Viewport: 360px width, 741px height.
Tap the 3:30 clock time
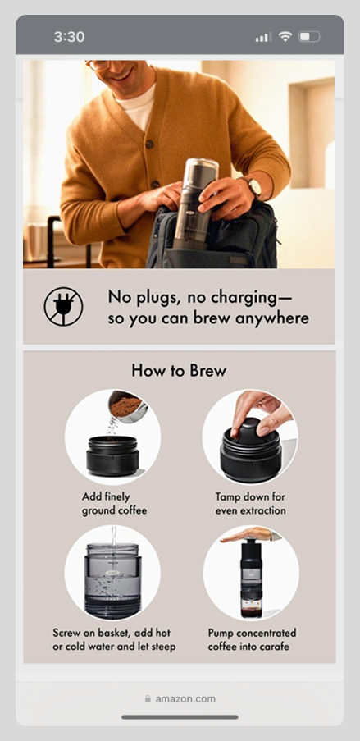tap(69, 37)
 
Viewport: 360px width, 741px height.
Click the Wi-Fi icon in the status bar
tap(285, 36)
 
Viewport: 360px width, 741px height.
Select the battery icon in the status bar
tap(310, 36)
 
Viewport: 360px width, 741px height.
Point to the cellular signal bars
tap(263, 37)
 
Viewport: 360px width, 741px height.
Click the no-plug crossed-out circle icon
tap(63, 307)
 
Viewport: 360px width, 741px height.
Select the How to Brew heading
tap(179, 371)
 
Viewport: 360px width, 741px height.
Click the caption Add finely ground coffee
tap(114, 504)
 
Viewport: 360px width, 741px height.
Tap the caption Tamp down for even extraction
tap(251, 504)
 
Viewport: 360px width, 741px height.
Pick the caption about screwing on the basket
tap(114, 640)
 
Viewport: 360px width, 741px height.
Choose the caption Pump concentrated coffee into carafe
tap(252, 640)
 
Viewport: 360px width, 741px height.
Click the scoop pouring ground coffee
tap(127, 406)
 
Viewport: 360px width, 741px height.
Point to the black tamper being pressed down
tap(250, 432)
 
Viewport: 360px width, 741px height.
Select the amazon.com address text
tap(185, 698)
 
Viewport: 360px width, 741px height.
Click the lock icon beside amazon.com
tap(148, 698)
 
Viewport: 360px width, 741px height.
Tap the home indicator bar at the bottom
tap(180, 717)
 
